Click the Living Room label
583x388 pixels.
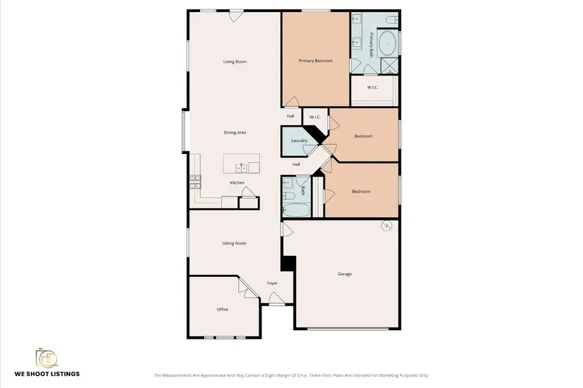pyautogui.click(x=235, y=61)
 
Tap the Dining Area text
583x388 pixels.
pyautogui.click(x=235, y=132)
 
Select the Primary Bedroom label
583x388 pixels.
pyautogui.click(x=316, y=61)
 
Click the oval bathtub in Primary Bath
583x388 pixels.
pyautogui.click(x=387, y=44)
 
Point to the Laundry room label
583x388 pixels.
pyautogui.click(x=300, y=141)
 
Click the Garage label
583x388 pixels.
pyautogui.click(x=345, y=274)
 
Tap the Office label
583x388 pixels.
pyautogui.click(x=223, y=310)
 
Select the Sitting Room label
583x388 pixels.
pyautogui.click(x=234, y=243)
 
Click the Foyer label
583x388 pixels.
pyautogui.click(x=272, y=283)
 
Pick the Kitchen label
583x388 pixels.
pyautogui.click(x=237, y=182)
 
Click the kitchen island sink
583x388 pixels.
pyautogui.click(x=241, y=167)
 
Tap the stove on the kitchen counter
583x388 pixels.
pyautogui.click(x=195, y=182)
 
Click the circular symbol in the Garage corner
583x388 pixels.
pyautogui.click(x=387, y=226)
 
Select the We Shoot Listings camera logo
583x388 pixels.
pyautogui.click(x=47, y=358)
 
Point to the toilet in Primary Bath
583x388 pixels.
pyautogui.click(x=391, y=19)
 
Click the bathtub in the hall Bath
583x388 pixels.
pyautogui.click(x=296, y=210)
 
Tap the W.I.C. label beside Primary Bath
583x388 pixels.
pyautogui.click(x=372, y=88)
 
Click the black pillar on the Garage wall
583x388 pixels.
pyautogui.click(x=288, y=264)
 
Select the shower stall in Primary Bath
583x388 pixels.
pyautogui.click(x=389, y=66)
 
